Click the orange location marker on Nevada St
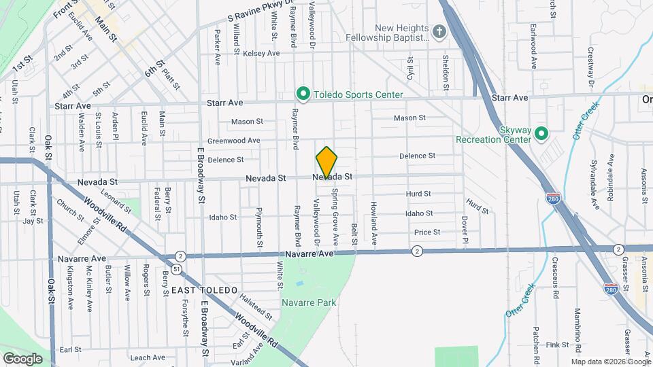click(326, 162)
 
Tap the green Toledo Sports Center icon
click(303, 94)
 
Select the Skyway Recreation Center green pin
click(541, 133)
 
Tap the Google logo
click(22, 358)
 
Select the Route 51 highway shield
click(176, 270)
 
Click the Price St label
click(427, 232)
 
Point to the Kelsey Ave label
click(262, 53)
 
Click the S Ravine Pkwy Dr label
click(261, 14)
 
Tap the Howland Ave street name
click(373, 223)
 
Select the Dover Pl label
click(465, 230)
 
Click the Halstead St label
click(256, 307)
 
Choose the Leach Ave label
click(148, 357)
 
